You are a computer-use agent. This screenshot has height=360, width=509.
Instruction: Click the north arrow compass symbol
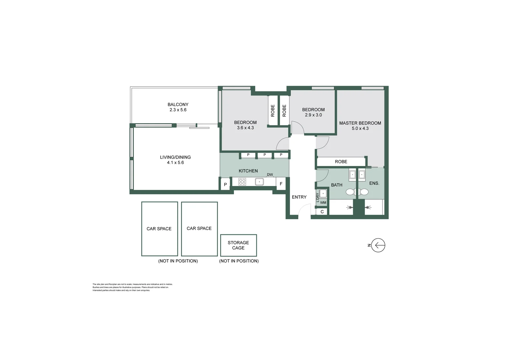click(x=378, y=245)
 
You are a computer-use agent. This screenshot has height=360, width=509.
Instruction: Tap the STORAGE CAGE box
click(x=238, y=245)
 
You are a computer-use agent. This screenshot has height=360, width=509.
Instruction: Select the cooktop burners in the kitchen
click(x=242, y=182)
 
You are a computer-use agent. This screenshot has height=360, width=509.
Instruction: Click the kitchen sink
click(x=259, y=182)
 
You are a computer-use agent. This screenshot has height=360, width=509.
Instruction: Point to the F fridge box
click(x=281, y=184)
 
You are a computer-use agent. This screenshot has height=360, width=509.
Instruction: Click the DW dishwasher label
click(x=270, y=175)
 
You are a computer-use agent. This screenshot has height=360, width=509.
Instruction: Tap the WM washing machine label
click(x=323, y=203)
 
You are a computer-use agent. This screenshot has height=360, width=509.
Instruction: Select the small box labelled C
click(x=322, y=212)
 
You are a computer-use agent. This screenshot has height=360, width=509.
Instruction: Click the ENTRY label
click(x=299, y=197)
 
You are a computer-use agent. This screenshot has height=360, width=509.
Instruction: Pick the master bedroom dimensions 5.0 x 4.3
click(x=360, y=128)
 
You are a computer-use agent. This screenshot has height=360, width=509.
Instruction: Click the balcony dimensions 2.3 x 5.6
click(x=178, y=110)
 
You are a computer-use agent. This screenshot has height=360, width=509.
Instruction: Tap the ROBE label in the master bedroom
click(x=341, y=162)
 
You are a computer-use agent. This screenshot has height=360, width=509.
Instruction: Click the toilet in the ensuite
click(x=364, y=192)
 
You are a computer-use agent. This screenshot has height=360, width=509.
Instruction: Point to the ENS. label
click(x=374, y=183)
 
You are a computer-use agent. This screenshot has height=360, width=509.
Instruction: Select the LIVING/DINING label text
click(x=175, y=157)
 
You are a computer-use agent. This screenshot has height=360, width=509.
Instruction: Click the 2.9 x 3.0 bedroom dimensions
click(x=313, y=115)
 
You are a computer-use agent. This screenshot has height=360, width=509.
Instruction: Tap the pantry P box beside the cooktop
click(x=225, y=184)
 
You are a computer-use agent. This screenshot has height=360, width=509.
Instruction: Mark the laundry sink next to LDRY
click(x=323, y=194)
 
